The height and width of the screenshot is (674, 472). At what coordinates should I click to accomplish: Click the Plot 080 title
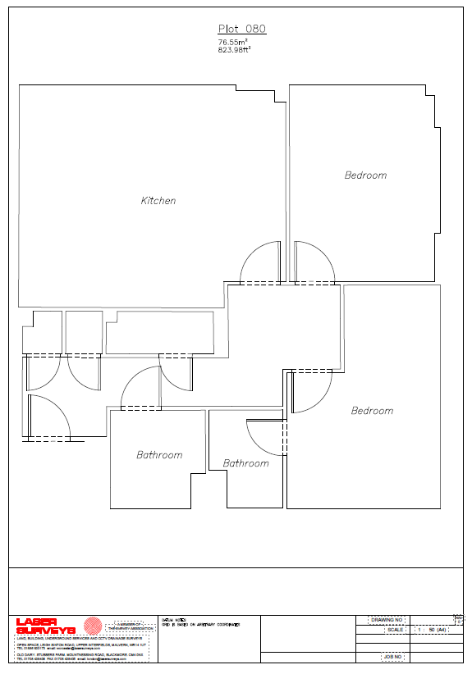241,29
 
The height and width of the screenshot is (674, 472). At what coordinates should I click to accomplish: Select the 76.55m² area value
233,42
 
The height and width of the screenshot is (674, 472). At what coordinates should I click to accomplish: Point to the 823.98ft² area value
234,49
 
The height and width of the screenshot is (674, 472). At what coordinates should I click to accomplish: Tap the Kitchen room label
158,201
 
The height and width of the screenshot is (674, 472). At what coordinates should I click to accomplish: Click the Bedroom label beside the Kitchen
365,175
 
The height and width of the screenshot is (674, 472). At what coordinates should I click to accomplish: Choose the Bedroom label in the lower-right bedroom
372,411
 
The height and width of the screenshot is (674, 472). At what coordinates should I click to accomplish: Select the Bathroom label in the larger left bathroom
159,455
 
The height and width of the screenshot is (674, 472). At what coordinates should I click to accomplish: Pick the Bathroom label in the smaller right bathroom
246,463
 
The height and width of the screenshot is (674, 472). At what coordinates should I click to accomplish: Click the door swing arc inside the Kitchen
258,262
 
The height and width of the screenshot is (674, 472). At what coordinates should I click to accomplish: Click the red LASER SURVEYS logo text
46,626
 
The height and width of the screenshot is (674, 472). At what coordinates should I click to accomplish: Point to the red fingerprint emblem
92,626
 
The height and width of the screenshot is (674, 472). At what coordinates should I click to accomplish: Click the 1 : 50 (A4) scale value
432,630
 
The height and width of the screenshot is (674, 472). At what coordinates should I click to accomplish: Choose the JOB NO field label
392,657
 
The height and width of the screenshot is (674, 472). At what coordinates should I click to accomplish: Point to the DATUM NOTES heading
173,619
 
